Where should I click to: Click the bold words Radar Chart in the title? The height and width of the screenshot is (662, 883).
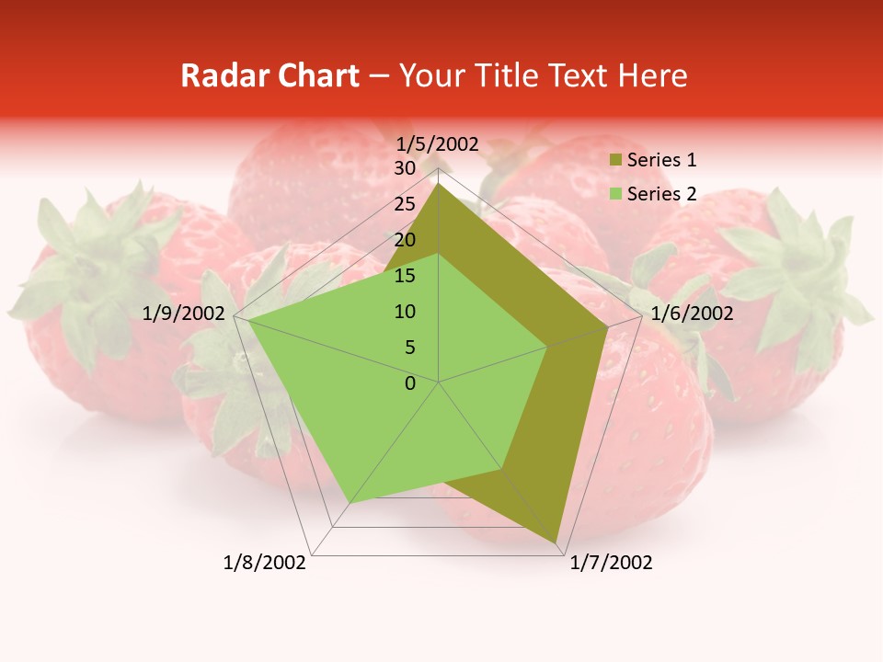point(269,75)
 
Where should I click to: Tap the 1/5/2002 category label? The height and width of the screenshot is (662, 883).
point(438,144)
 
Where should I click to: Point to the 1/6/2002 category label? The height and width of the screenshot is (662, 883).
point(692,314)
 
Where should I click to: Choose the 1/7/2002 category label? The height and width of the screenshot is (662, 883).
point(611,563)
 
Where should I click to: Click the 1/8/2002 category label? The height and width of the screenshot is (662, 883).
point(265,563)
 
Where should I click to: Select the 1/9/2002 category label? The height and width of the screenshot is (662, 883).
point(184,314)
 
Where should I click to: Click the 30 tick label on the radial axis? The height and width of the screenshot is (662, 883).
point(405,169)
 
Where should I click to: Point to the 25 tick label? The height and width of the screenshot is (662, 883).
point(405,205)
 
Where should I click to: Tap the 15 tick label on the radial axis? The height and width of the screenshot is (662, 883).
point(405,276)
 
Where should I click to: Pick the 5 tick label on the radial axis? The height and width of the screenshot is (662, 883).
point(410,348)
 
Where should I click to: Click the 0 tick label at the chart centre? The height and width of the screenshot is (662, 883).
point(410,383)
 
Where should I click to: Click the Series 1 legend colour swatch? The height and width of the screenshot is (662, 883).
point(614,160)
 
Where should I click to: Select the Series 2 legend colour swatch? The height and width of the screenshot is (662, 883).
point(614,194)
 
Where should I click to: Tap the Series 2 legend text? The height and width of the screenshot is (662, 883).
point(661,194)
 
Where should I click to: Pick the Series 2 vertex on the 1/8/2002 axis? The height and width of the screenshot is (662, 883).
point(350,502)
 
